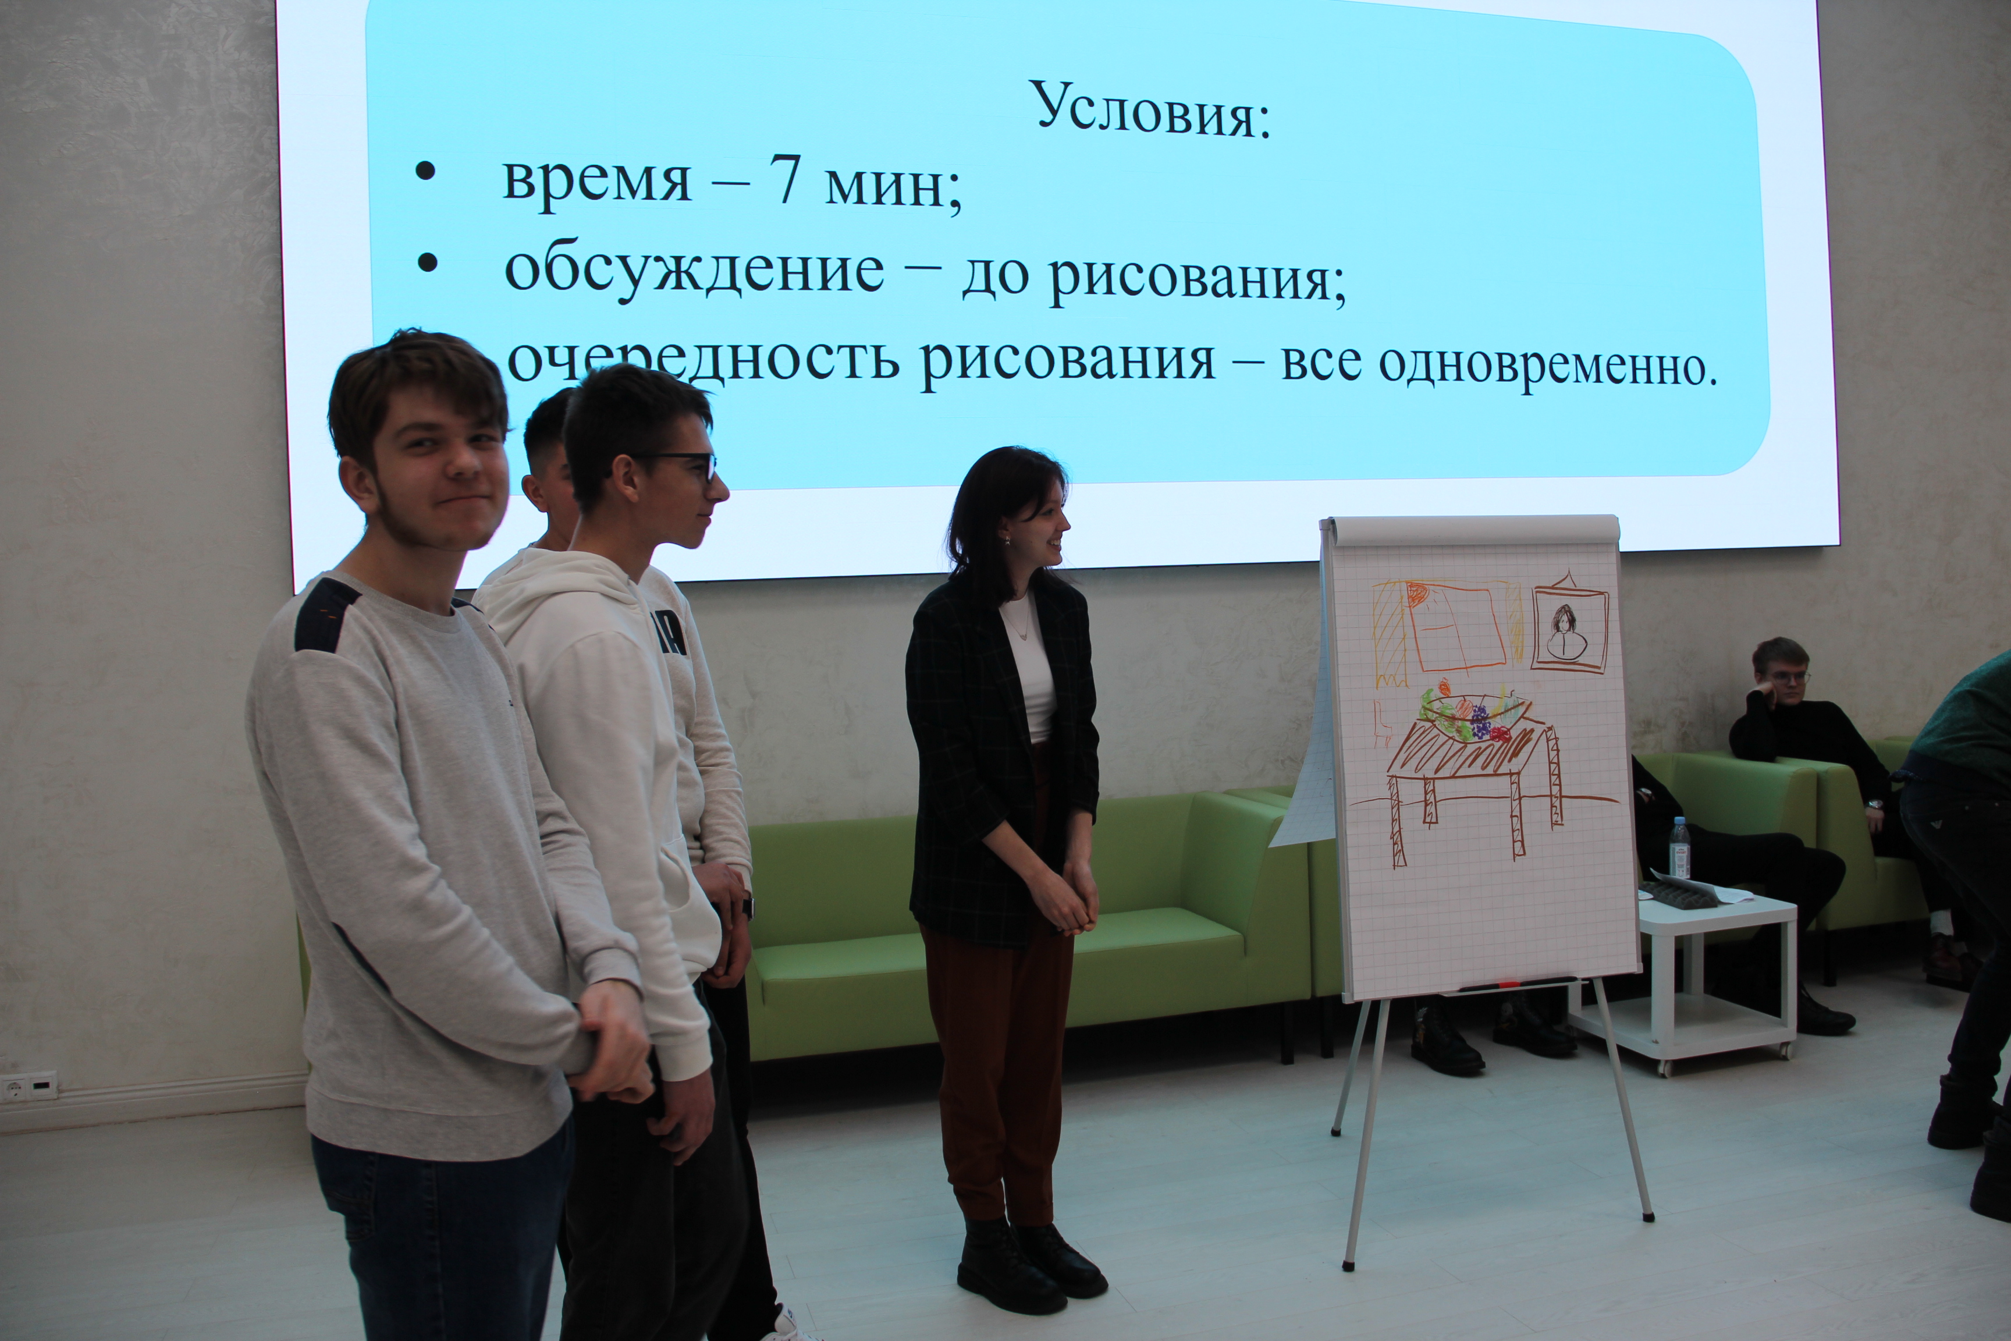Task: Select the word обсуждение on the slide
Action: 694,270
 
